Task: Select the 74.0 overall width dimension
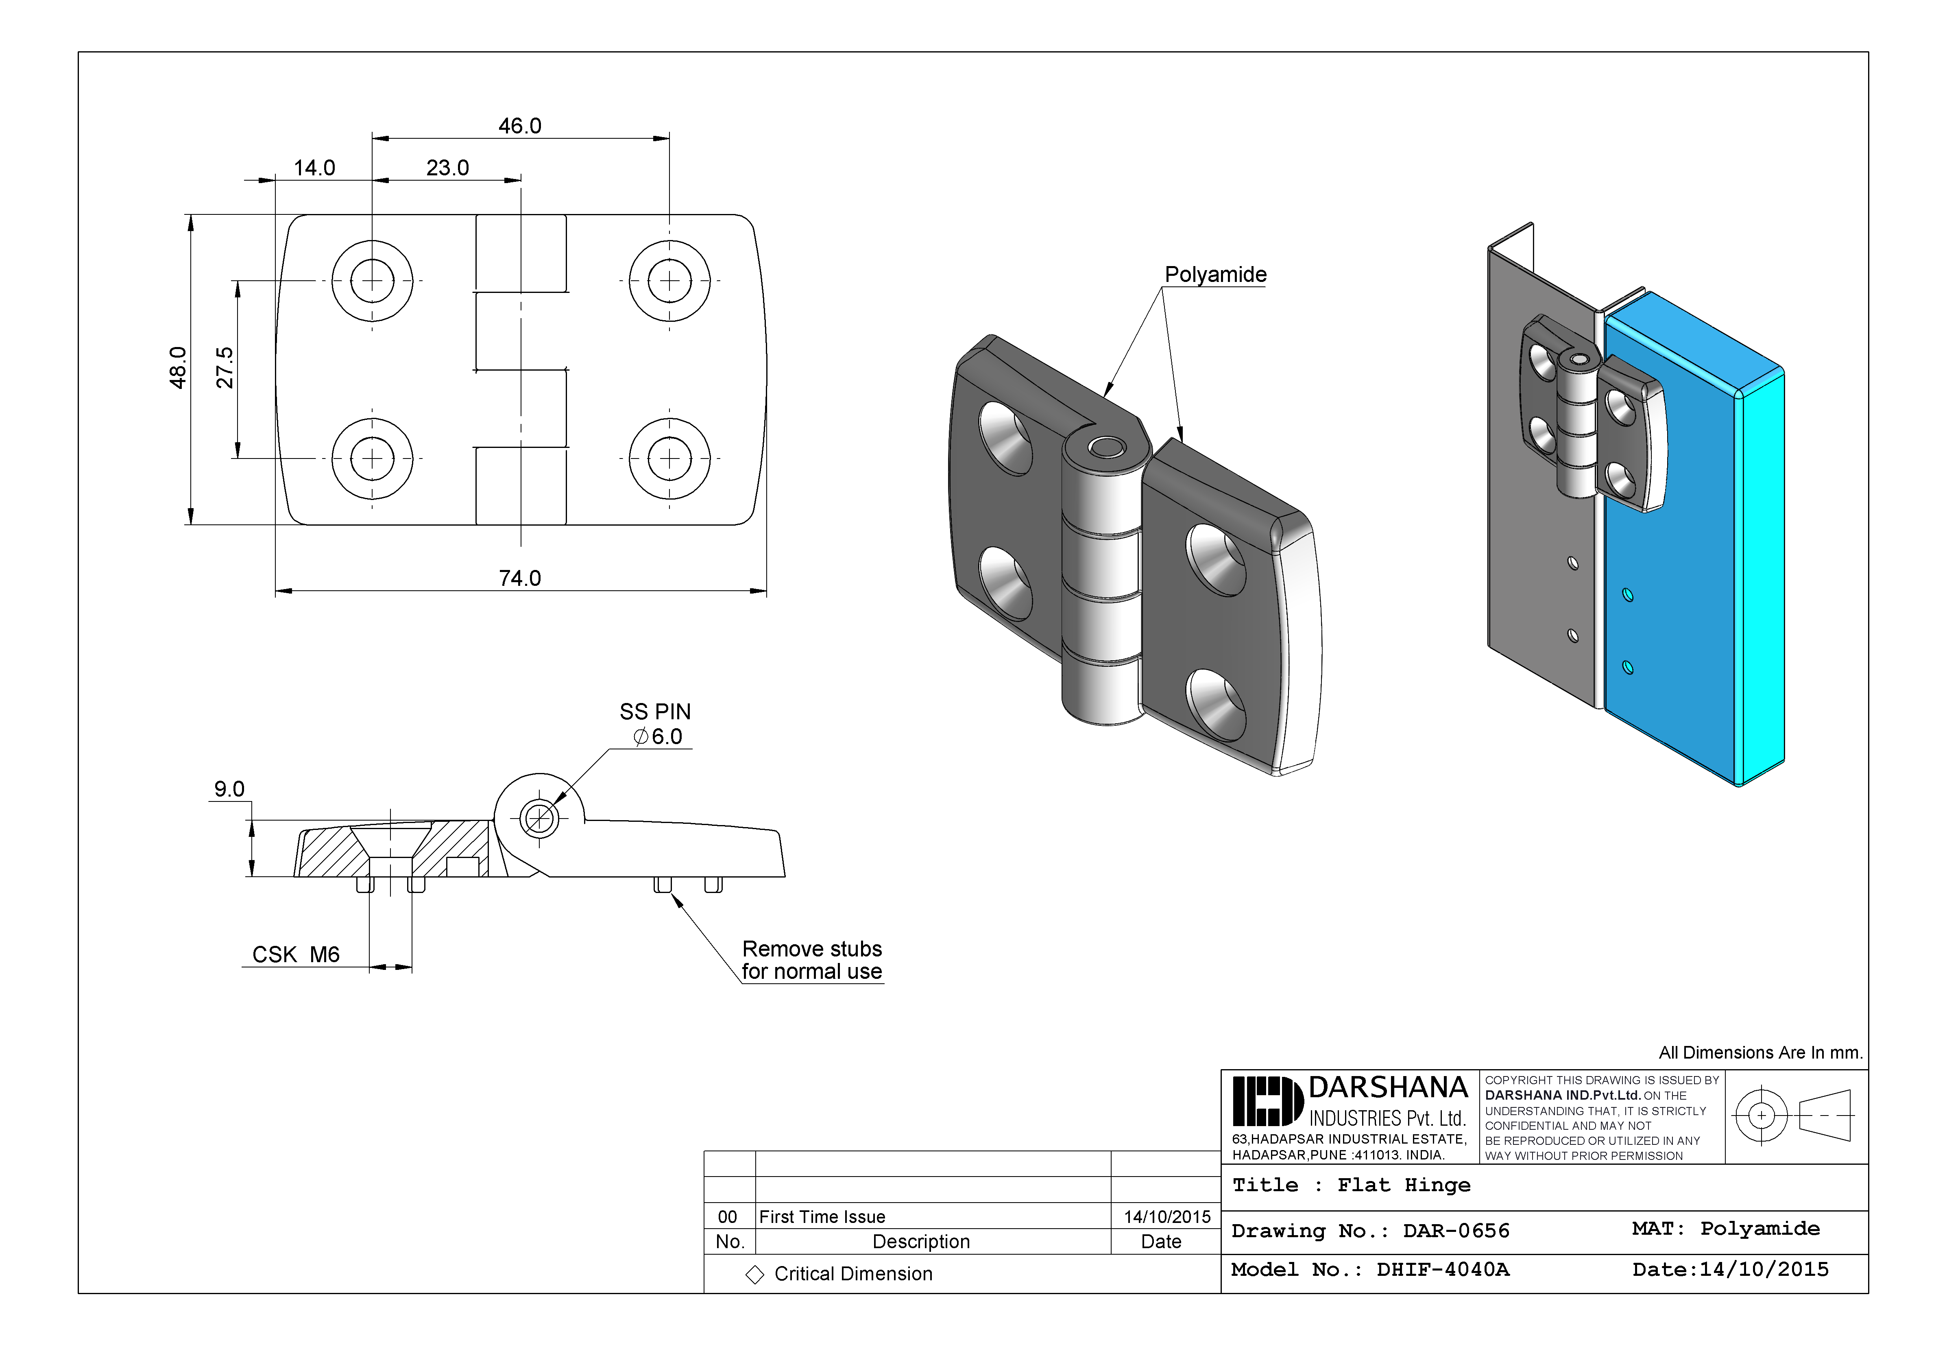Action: pyautogui.click(x=520, y=579)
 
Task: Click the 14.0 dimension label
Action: pyautogui.click(x=315, y=168)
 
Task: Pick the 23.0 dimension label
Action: pyautogui.click(x=448, y=168)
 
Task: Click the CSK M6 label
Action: pyautogui.click(x=296, y=955)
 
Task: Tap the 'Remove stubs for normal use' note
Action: pyautogui.click(x=811, y=960)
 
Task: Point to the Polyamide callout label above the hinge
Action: pyautogui.click(x=1215, y=275)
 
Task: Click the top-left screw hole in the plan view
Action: pyautogui.click(x=372, y=281)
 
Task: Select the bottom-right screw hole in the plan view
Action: pyautogui.click(x=670, y=458)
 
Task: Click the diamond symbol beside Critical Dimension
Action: pyautogui.click(x=754, y=1275)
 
